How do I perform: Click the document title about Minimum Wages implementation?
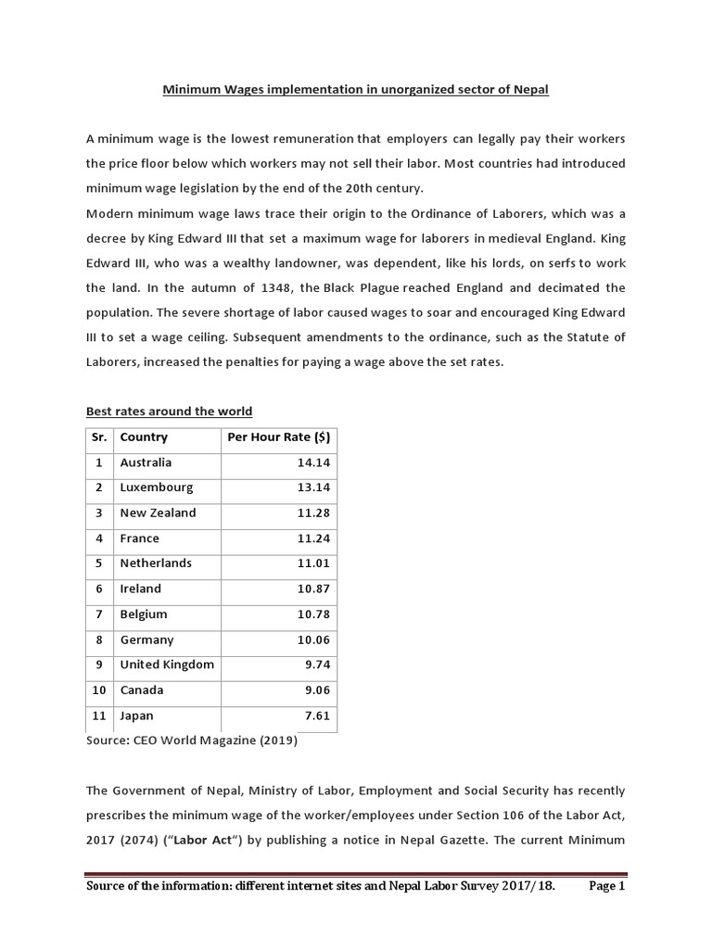pos(356,90)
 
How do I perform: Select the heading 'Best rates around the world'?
pos(169,411)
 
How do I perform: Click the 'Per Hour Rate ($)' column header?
pos(278,437)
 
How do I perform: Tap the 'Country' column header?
pos(144,437)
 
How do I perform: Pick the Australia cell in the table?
pos(146,462)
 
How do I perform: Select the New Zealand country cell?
pos(158,512)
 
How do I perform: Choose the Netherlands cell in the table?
pos(156,563)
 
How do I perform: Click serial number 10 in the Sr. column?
pos(99,690)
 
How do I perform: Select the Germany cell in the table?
pos(146,639)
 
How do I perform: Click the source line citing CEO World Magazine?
pos(192,740)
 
